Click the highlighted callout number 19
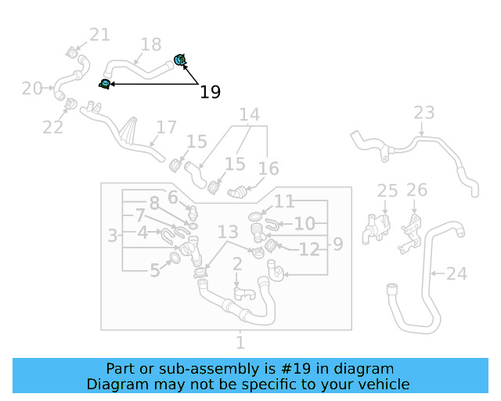210,92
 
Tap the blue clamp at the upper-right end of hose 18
179,59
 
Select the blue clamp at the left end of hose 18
105,84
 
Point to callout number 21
99,34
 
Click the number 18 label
150,45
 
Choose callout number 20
32,89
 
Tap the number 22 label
52,127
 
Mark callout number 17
167,128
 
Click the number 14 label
249,116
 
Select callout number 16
269,168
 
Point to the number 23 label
424,113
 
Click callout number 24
456,274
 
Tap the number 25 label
387,190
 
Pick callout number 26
417,190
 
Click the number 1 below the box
240,342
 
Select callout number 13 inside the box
228,232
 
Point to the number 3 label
113,235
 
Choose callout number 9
337,244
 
